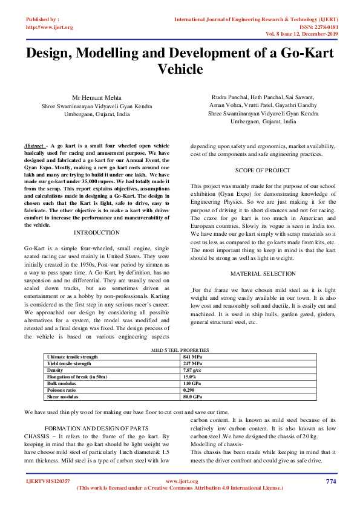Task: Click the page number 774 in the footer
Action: [330, 481]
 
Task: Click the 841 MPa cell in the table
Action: [192, 357]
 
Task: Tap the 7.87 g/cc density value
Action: [192, 370]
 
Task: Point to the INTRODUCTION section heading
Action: [96, 233]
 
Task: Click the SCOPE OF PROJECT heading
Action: [263, 170]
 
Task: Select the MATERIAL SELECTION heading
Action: [263, 274]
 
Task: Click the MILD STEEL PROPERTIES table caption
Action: [179, 350]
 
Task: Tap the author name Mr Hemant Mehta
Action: [97, 97]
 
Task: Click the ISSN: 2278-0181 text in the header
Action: [318, 27]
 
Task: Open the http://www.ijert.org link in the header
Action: [50, 27]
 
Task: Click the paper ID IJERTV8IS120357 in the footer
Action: [47, 481]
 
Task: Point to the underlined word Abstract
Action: [34, 146]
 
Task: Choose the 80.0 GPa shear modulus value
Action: [193, 397]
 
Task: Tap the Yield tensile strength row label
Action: [69, 363]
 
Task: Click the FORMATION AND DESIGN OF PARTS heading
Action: [96, 427]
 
